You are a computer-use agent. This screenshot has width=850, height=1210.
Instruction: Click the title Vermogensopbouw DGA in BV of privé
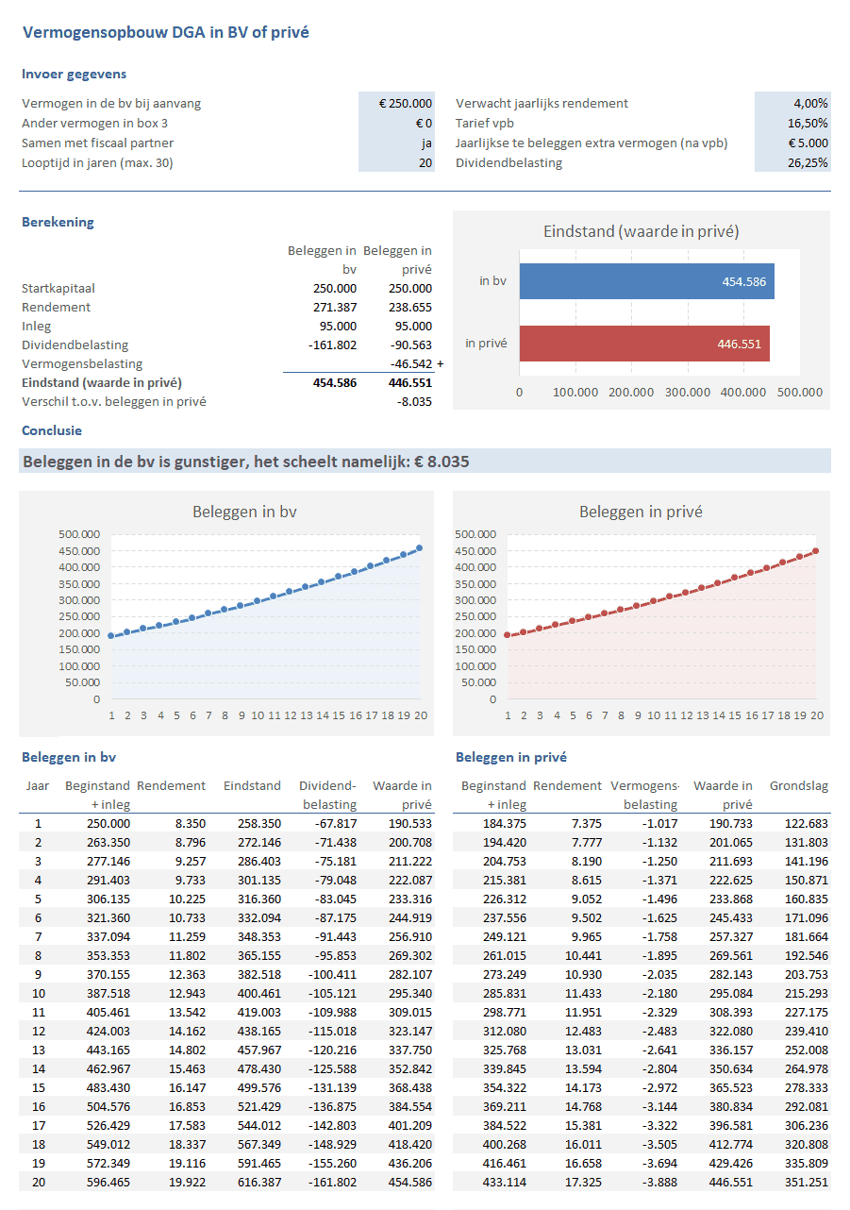[165, 32]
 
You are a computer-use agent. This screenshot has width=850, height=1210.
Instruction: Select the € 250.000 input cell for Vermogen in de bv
[405, 103]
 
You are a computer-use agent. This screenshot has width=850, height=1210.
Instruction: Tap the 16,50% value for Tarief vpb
[808, 123]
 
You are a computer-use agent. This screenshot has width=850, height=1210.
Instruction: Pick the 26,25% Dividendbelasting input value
[808, 162]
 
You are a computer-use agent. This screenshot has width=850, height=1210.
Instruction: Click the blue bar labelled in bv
[646, 281]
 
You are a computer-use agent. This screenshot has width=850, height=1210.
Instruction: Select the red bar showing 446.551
[644, 344]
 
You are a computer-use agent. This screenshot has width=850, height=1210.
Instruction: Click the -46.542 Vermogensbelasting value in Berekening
[410, 363]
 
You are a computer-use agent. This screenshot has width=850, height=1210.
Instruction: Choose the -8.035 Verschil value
[414, 401]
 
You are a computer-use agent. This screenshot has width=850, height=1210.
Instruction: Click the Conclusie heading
[52, 430]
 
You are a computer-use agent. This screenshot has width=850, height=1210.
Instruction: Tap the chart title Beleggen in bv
[244, 512]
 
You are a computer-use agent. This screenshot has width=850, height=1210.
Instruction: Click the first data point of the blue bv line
[111, 636]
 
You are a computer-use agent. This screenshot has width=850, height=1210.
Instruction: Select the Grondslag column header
[798, 785]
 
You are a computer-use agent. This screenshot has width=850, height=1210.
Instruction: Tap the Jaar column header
[38, 785]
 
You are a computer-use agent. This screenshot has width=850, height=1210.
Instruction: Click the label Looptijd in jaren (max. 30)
[97, 162]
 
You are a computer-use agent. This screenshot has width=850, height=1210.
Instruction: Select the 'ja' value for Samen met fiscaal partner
[426, 143]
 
